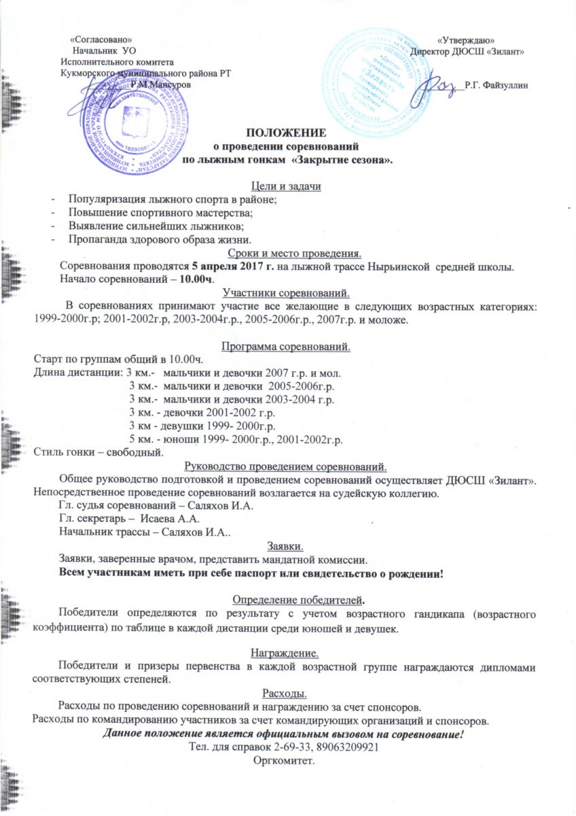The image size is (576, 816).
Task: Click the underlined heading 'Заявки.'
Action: (x=285, y=546)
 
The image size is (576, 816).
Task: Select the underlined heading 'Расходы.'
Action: (x=285, y=694)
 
